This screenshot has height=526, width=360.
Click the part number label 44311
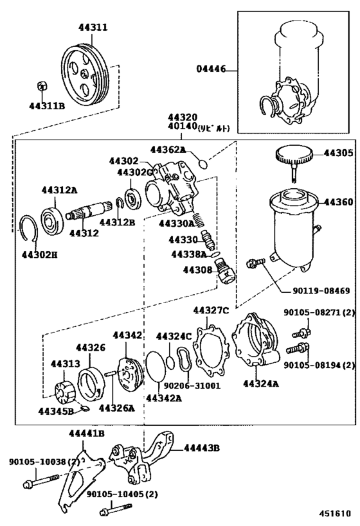coord(93,27)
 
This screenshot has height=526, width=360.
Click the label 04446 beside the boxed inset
coord(211,69)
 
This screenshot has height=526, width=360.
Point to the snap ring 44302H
coord(29,228)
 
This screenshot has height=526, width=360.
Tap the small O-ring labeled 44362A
coord(203,164)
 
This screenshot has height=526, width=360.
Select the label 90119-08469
coord(320,290)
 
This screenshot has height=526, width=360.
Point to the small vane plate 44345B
coord(84,408)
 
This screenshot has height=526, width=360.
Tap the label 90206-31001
coord(192,386)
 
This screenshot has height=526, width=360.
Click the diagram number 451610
coord(334,513)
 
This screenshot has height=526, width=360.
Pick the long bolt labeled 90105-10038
coord(41,480)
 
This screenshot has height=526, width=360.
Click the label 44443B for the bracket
coord(201,448)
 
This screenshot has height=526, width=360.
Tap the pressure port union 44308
coord(225,272)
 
